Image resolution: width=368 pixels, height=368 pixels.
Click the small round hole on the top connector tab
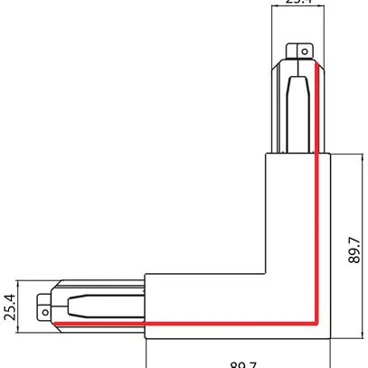[x=304, y=52]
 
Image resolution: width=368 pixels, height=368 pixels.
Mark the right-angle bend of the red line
[x=314, y=322]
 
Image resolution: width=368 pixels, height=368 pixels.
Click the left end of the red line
[x=54, y=322]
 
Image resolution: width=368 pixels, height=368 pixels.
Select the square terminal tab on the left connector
[x=42, y=306]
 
